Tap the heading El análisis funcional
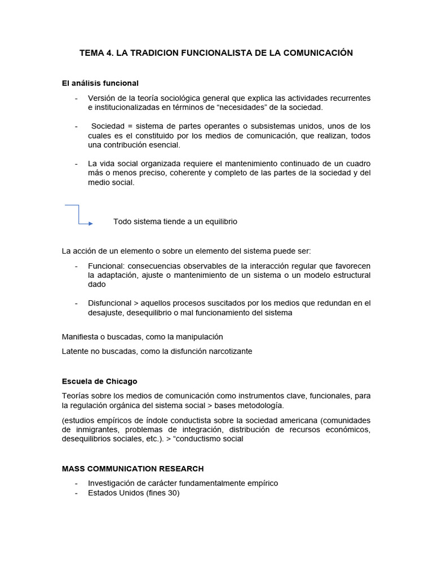[100, 83]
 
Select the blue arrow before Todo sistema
[79, 215]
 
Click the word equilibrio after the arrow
[217, 221]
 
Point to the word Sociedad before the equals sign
[108, 126]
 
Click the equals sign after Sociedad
[130, 126]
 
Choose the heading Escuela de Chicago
[99, 381]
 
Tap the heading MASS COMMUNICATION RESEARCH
[132, 468]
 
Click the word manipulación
[198, 336]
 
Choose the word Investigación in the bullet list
[112, 483]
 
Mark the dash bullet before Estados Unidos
[76, 493]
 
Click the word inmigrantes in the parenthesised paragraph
[93, 430]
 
